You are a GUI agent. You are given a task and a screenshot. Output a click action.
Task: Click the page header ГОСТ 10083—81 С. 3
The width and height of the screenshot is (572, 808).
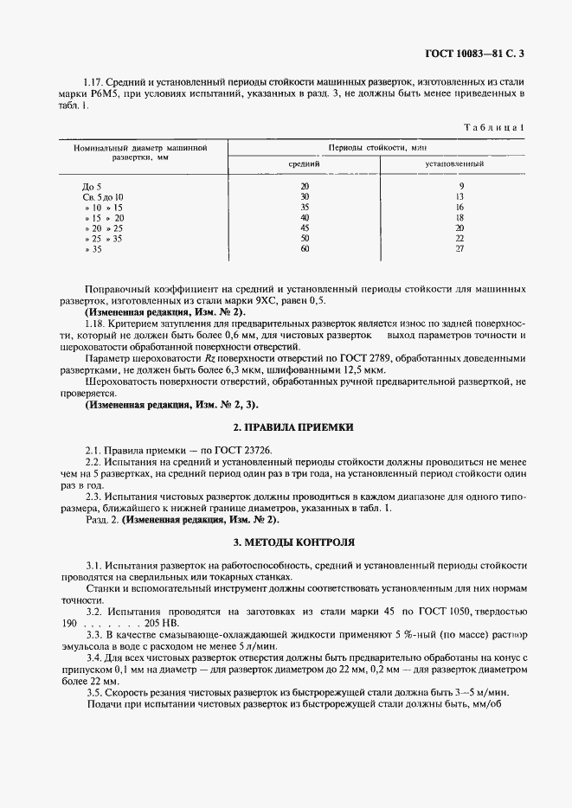click(x=475, y=54)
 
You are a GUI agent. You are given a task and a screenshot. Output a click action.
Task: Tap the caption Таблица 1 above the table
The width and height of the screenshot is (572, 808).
click(x=495, y=127)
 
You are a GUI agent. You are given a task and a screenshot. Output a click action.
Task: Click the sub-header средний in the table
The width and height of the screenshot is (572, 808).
click(x=304, y=164)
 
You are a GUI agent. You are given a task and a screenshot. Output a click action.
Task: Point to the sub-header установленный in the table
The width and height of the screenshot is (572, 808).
click(x=453, y=164)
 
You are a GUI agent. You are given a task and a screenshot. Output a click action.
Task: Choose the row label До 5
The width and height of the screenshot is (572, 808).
click(x=92, y=186)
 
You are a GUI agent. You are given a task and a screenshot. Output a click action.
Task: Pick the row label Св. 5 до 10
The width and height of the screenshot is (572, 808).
click(x=103, y=197)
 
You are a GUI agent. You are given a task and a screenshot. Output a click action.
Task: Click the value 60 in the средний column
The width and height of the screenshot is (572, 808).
click(x=304, y=248)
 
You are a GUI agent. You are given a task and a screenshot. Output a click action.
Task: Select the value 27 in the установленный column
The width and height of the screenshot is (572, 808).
click(x=460, y=248)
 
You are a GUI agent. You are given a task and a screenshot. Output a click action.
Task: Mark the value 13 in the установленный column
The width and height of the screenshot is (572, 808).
click(x=460, y=197)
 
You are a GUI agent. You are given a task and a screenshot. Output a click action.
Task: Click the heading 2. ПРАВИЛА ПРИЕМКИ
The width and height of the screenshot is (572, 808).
click(x=294, y=428)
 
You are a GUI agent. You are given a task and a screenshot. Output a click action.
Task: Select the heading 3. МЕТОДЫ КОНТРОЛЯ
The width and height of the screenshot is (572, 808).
click(x=294, y=542)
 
